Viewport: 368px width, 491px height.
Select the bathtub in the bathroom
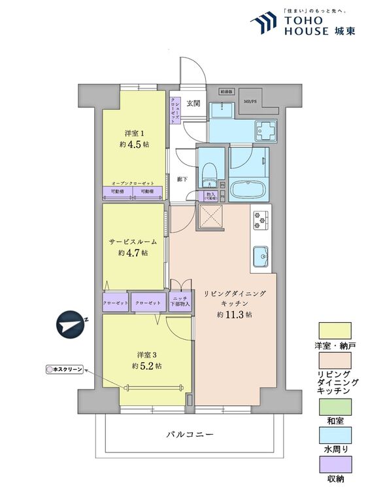248,191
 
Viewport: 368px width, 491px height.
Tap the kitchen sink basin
259,256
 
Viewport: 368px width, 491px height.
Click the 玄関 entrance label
193,103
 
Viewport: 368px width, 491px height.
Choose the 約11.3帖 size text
236,314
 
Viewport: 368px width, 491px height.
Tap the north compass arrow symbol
71,325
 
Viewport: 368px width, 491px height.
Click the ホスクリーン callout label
65,369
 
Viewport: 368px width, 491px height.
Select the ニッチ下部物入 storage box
181,300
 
